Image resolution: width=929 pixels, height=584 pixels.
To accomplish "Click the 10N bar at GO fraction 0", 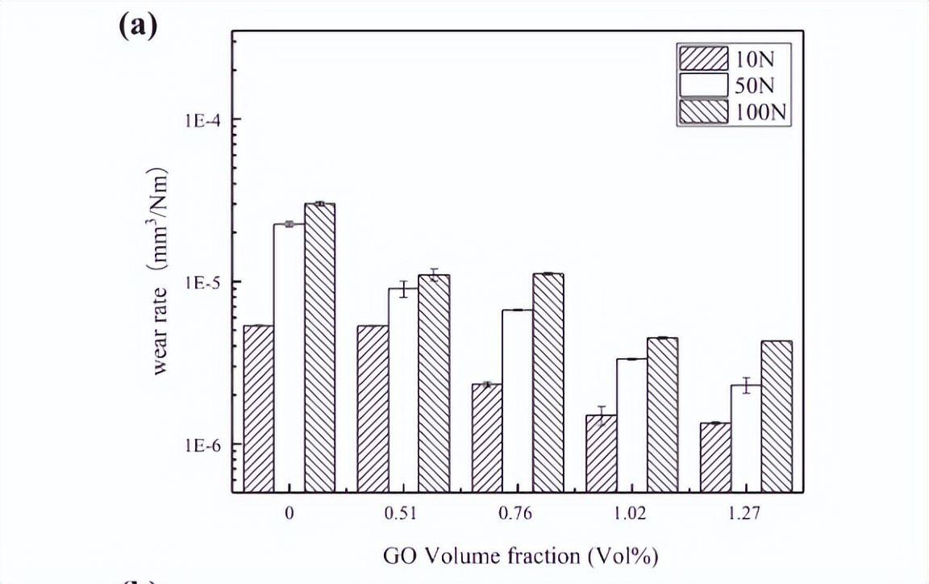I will [258, 408].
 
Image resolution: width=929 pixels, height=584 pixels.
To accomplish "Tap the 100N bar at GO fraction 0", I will [320, 347].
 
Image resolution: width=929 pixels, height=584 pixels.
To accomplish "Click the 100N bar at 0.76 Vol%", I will [548, 382].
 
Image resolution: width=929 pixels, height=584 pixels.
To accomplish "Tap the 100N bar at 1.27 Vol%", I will [777, 416].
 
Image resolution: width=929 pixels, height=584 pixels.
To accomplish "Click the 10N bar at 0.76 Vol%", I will [487, 437].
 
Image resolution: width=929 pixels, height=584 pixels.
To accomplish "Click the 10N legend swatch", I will [702, 59].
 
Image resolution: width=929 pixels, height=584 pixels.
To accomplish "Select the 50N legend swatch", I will [702, 86].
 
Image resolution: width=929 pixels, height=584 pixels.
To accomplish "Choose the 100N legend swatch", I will [702, 112].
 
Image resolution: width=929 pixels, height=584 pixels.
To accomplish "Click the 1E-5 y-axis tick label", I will [203, 282].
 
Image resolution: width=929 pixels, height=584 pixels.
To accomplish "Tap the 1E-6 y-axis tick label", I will [203, 445].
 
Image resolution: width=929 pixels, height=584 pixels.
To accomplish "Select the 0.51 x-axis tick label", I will [403, 515].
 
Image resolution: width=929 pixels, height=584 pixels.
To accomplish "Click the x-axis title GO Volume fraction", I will [516, 556].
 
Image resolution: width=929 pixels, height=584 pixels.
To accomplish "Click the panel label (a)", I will [137, 26].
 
